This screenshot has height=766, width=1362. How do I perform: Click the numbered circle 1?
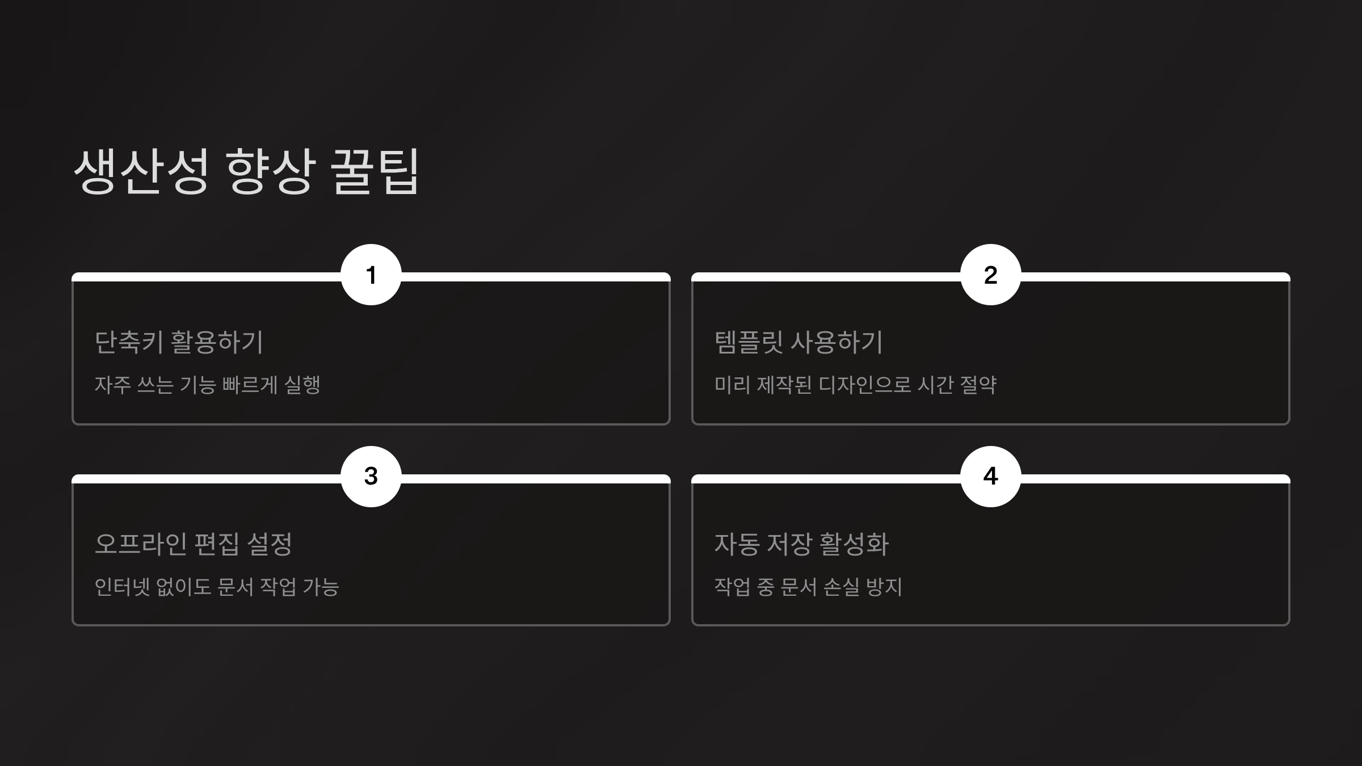(371, 275)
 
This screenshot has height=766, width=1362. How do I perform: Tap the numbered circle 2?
(990, 275)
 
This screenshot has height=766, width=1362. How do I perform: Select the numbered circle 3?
(371, 476)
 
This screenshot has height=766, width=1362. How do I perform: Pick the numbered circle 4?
(990, 476)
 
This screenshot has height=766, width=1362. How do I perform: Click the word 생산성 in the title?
(141, 171)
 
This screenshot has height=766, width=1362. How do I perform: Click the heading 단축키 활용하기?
(179, 342)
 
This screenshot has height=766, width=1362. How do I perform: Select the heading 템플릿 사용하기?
(798, 342)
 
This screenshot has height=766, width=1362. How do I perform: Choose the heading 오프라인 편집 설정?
(193, 544)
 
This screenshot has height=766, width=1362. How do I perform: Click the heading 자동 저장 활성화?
(801, 544)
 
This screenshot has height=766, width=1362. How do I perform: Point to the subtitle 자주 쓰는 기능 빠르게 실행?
(208, 385)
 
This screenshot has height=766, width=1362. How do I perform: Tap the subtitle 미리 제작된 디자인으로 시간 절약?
(855, 385)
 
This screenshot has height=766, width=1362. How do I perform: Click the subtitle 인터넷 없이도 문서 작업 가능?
(217, 587)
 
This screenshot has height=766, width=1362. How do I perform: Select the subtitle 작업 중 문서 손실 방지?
(808, 587)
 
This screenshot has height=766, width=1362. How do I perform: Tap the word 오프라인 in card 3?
(141, 544)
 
